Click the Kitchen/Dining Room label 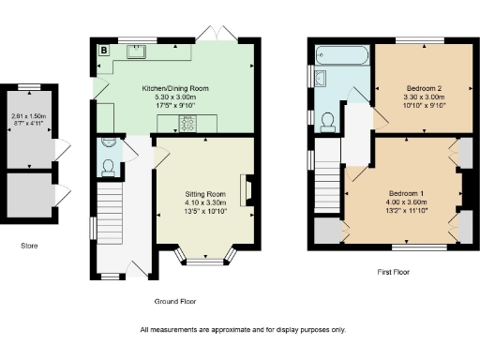click(175, 88)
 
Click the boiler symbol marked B click(103, 49)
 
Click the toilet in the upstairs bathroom click(328, 120)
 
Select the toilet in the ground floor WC click(110, 168)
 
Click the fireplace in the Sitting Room click(247, 189)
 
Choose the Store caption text click(30, 247)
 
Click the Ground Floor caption click(176, 301)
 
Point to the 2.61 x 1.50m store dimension click(28, 115)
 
